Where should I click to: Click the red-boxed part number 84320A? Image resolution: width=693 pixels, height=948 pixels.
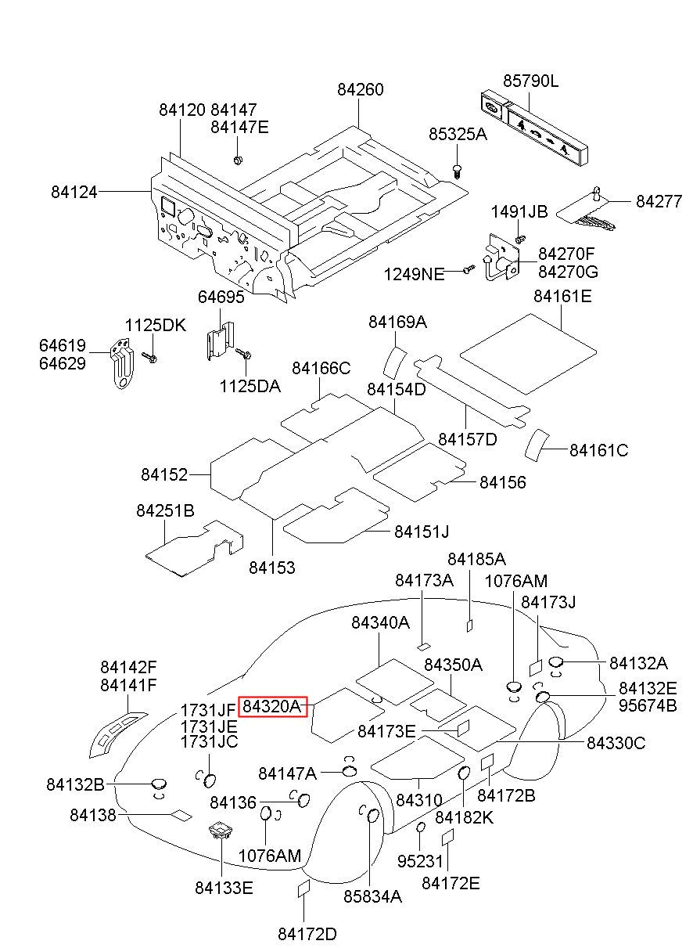click(x=272, y=706)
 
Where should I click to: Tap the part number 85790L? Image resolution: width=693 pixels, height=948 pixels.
click(x=530, y=81)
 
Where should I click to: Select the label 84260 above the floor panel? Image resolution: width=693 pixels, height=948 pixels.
click(x=361, y=89)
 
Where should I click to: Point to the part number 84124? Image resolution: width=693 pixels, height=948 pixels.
click(x=74, y=192)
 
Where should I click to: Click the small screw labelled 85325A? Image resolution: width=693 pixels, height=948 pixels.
click(x=457, y=171)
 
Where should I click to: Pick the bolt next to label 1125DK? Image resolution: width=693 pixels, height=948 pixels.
click(x=149, y=358)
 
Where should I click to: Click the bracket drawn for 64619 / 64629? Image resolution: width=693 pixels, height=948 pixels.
click(x=122, y=363)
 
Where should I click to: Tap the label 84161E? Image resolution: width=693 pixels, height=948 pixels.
click(x=562, y=296)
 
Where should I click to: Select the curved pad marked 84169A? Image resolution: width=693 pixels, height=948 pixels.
click(x=394, y=362)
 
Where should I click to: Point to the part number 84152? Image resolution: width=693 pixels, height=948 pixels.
click(x=164, y=474)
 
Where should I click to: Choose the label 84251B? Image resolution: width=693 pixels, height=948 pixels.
click(x=165, y=510)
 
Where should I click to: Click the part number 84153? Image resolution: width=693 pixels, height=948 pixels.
click(x=272, y=568)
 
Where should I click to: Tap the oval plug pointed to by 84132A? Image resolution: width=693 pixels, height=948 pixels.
click(x=555, y=661)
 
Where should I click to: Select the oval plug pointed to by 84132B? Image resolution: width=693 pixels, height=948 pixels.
click(x=159, y=784)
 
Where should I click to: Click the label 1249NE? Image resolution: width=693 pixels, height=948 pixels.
click(x=414, y=274)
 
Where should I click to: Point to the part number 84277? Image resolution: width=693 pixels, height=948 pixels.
click(x=659, y=201)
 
